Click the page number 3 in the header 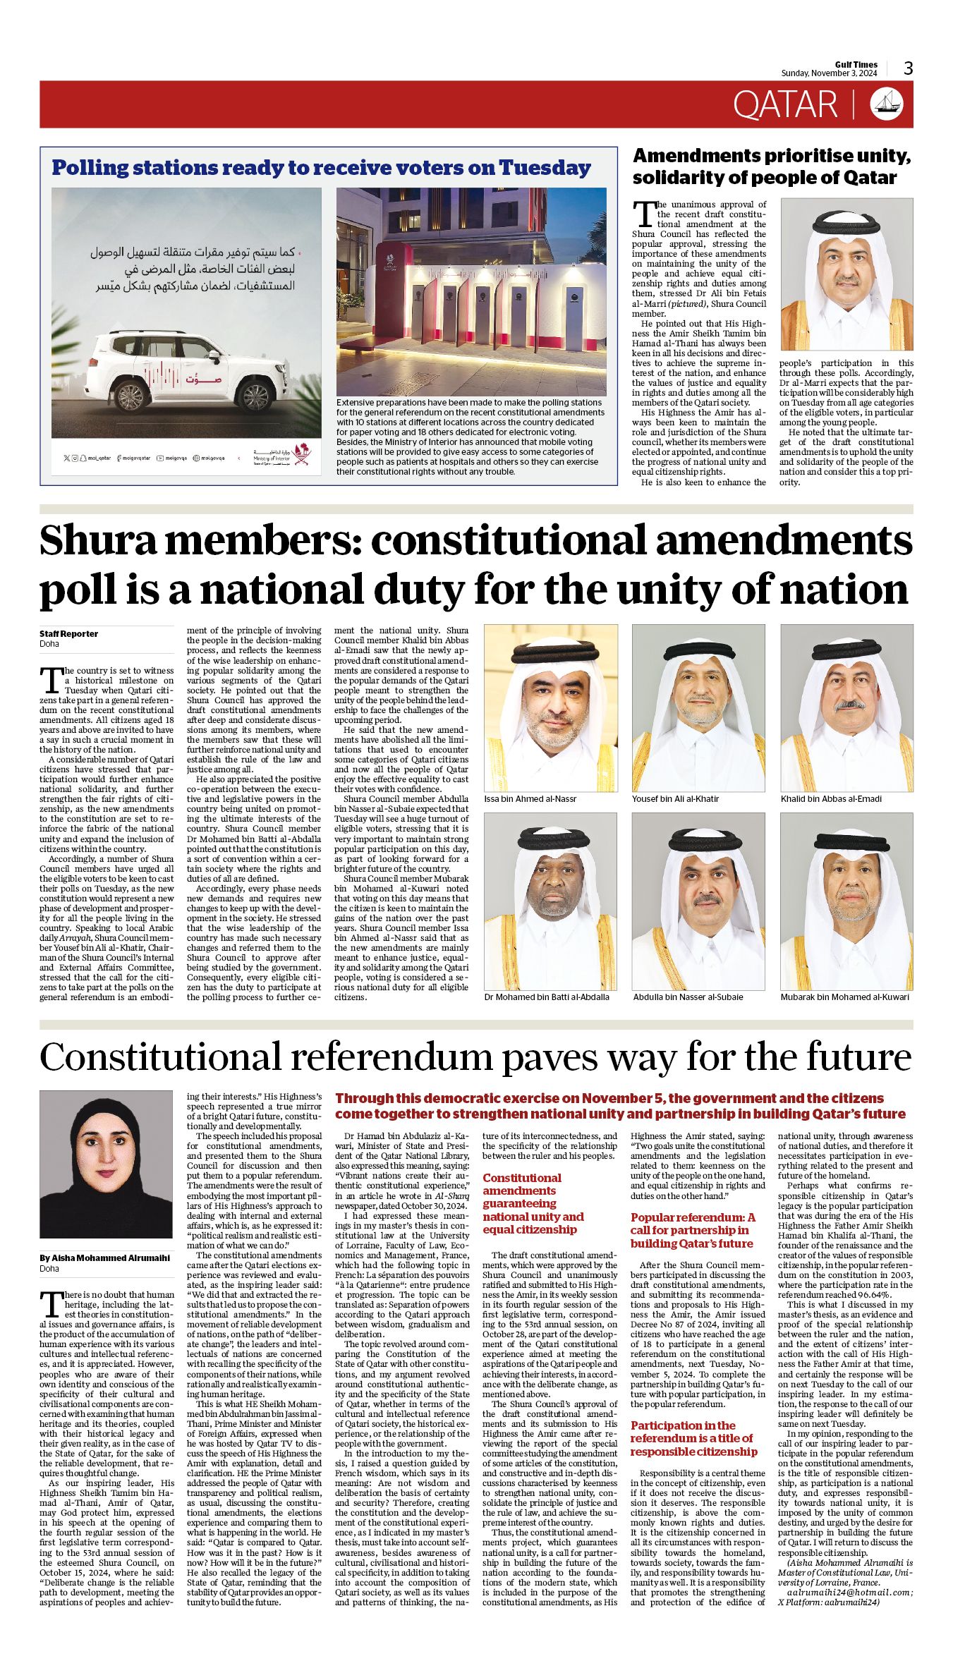[x=908, y=68]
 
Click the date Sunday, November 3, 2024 [x=828, y=73]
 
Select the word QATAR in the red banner [x=784, y=104]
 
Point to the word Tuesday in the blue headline [x=545, y=168]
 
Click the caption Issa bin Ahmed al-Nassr [x=530, y=798]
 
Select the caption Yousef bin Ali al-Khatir [x=676, y=798]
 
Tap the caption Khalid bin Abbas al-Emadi [x=831, y=798]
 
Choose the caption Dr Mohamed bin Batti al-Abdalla [x=547, y=997]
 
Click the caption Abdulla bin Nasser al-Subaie [x=688, y=997]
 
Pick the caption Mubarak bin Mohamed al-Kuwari [x=844, y=997]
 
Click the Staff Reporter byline [x=68, y=633]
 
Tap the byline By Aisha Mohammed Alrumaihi [x=104, y=1258]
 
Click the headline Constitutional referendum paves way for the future [x=475, y=1057]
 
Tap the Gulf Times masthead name [x=856, y=65]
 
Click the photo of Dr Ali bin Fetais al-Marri [x=846, y=274]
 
